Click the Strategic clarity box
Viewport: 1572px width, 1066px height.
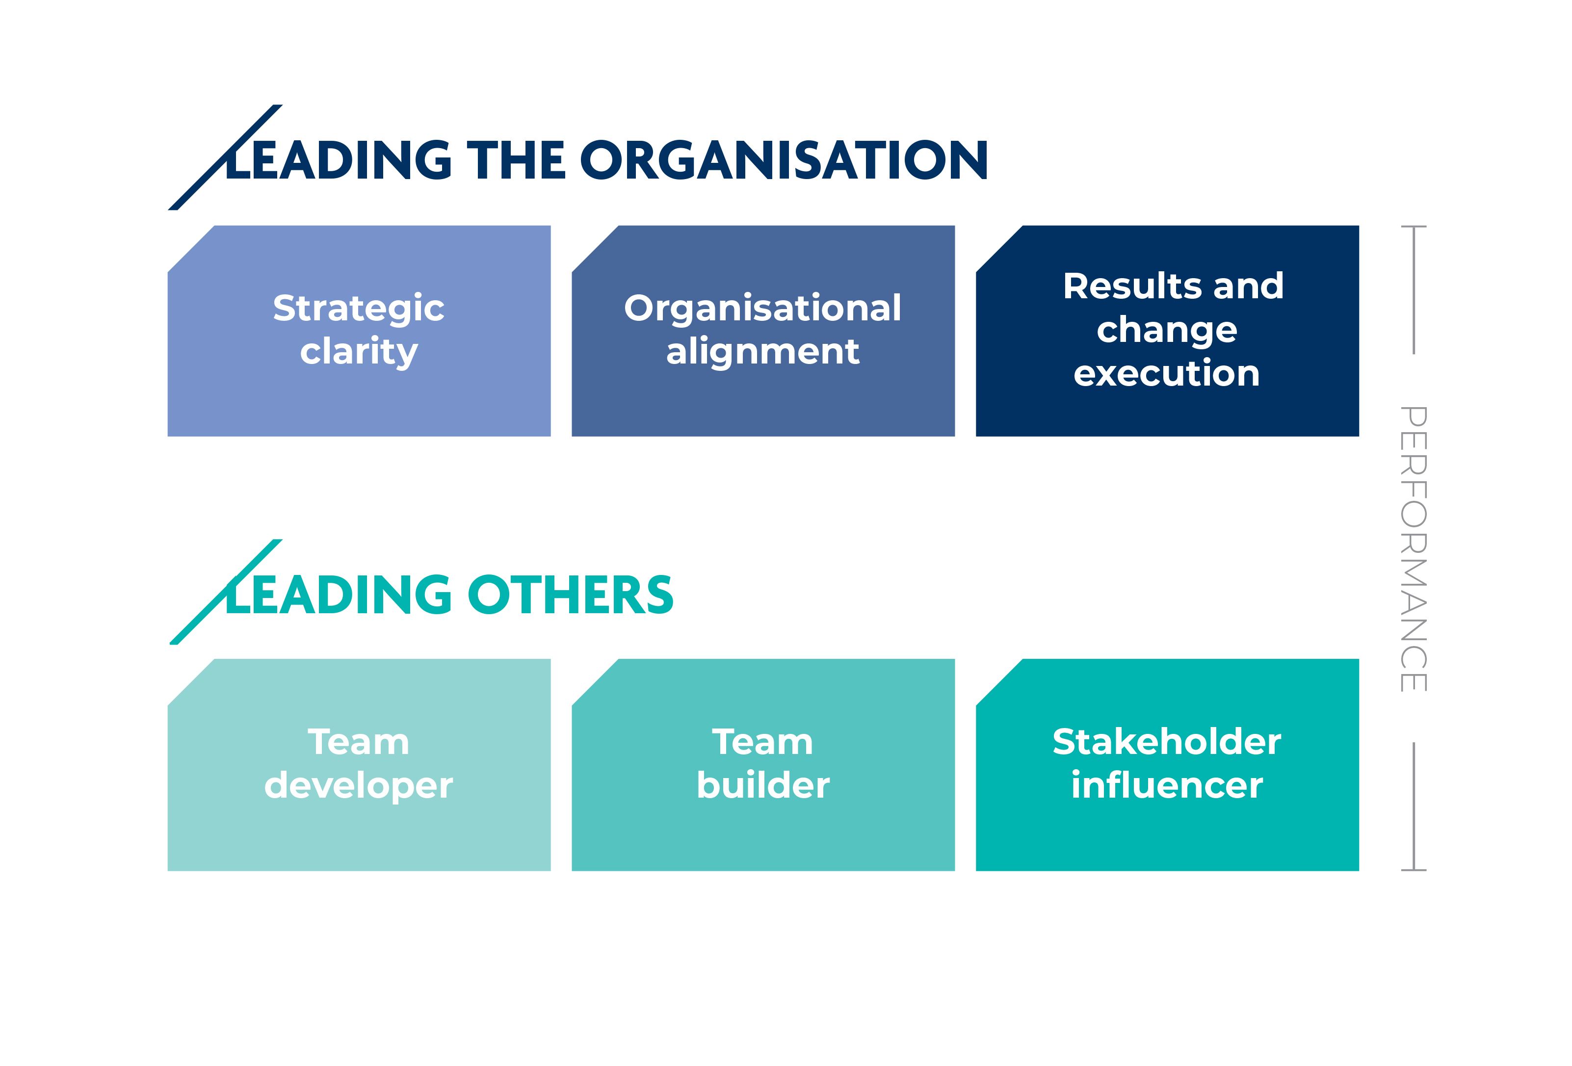[359, 331]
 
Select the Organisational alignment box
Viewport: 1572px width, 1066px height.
[763, 331]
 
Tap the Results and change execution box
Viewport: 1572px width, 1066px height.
[1168, 331]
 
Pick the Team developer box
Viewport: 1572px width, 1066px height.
[359, 765]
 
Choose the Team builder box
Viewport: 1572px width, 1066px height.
[763, 765]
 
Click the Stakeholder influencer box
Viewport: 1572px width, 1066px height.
[1168, 765]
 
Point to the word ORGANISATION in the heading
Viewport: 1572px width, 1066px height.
[784, 160]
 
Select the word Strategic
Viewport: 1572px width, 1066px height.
[359, 309]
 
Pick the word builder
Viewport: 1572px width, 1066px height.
[763, 785]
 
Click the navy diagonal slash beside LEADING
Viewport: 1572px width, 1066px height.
[225, 157]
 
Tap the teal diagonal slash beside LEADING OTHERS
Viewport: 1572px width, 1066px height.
[226, 592]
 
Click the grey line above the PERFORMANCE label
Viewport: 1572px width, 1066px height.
[1414, 289]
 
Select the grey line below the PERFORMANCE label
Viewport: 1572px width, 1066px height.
[1414, 807]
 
